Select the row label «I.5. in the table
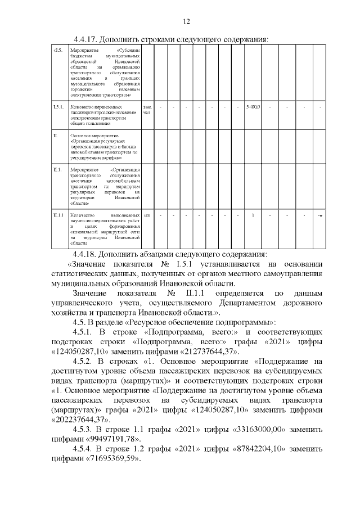[x=57, y=51]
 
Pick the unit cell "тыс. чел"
[x=148, y=109]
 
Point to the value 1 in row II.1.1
[x=253, y=215]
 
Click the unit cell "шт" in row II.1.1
[x=147, y=215]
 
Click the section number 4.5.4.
[x=84, y=449]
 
